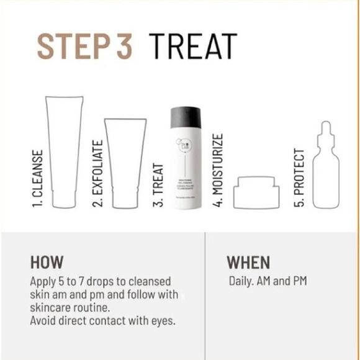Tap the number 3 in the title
coord(122,46)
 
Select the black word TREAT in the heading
coord(192,46)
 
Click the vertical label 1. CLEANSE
coord(38,178)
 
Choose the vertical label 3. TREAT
coord(158,185)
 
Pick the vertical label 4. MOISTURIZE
coord(218,169)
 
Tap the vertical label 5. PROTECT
coord(299,178)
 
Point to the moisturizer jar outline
coord(256,192)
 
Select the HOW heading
coord(47,261)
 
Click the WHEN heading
coord(248,261)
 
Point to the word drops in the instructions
coord(95,281)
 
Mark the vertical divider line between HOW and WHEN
coord(205,295)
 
